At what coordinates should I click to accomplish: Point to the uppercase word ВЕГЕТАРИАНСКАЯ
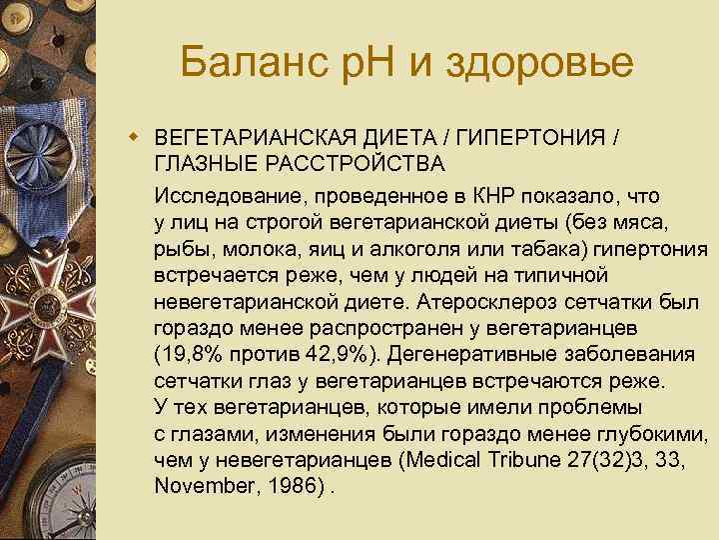246,136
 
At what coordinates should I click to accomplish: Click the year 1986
290,487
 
